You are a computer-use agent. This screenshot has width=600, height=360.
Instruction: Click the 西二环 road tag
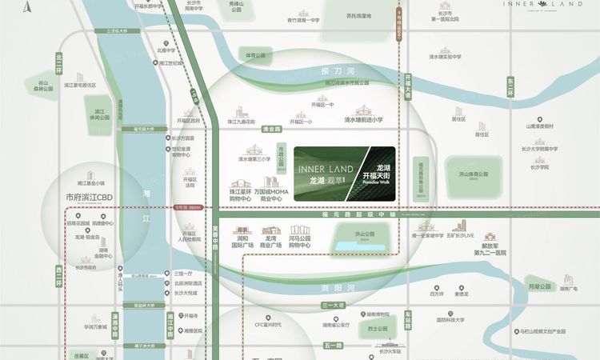tap(58, 277)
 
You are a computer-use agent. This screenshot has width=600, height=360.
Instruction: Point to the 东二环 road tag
tap(509, 86)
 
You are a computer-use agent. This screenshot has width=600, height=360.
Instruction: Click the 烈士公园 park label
tap(377, 328)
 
